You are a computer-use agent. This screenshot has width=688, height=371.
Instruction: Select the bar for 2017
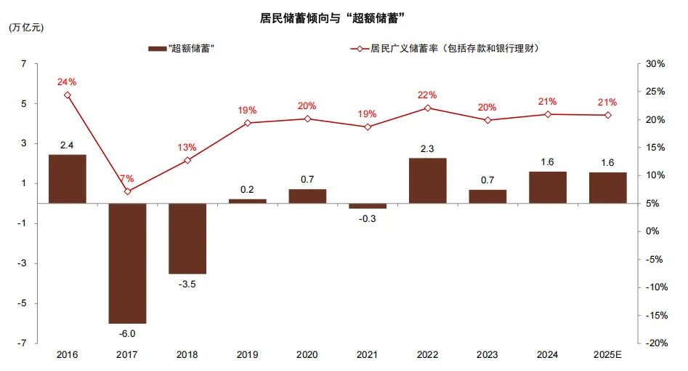coord(127,263)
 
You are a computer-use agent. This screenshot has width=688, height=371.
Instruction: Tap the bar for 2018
coord(187,238)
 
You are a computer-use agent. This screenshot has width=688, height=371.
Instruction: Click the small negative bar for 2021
coord(368,206)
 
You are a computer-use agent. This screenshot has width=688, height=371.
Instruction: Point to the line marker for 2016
coord(68,95)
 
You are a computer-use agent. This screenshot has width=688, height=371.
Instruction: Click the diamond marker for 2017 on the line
coord(128,191)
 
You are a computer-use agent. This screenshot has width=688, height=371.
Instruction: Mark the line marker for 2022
coord(427,108)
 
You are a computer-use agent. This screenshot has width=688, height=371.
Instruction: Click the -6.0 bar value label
coord(127,334)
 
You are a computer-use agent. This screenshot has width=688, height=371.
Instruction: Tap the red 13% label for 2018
coord(187,147)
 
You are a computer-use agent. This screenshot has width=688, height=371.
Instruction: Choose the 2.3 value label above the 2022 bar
coord(427,148)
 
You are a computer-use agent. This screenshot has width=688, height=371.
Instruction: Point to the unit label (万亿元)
coord(26,28)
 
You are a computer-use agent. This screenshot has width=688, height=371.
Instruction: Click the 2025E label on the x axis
coord(607,354)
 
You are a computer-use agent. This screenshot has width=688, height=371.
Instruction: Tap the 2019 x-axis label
coord(248,354)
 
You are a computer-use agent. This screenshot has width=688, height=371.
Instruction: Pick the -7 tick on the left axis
coord(23,343)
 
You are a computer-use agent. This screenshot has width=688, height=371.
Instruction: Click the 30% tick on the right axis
coord(655,64)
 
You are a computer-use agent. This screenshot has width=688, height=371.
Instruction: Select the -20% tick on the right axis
coord(655,343)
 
